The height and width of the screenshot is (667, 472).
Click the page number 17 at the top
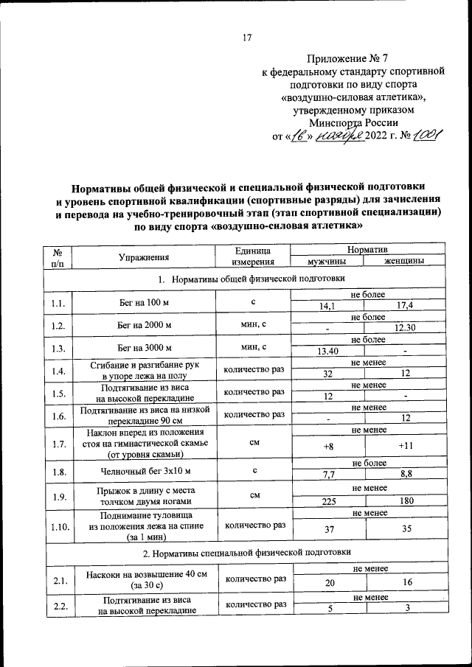point(247,38)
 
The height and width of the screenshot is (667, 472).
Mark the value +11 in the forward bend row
point(405,447)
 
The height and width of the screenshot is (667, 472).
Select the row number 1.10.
point(59,527)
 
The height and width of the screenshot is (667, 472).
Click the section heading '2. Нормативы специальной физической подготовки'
point(247,551)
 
